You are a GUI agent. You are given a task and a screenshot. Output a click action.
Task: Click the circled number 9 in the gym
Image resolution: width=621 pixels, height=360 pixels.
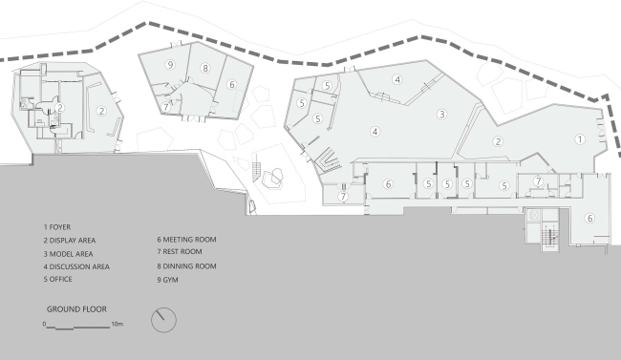170,65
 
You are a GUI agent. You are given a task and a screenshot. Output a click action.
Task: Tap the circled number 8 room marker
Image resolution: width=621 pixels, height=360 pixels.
205,68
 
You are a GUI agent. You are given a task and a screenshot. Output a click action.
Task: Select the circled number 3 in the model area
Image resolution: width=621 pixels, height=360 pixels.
442,115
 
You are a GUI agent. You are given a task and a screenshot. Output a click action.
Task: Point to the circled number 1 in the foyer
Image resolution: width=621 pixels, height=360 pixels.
580,139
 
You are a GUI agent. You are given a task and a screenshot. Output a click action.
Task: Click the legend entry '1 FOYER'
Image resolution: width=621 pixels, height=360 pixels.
57,227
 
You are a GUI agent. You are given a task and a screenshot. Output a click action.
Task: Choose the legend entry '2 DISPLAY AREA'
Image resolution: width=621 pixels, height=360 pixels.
70,241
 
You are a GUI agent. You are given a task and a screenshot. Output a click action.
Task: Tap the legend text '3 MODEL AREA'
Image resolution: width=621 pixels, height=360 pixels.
68,254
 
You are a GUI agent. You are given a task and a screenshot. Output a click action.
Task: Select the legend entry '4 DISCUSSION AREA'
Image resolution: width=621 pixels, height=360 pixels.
76,267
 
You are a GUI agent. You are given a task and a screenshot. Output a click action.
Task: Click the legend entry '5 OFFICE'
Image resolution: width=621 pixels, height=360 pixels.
58,279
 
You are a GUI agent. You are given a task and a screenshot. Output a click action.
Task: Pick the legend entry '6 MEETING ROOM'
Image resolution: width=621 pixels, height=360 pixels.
186,240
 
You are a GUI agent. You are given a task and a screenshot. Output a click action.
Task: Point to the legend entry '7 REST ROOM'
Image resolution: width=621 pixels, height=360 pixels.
180,252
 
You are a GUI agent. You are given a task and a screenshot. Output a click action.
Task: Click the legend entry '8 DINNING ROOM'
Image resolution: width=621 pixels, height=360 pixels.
186,266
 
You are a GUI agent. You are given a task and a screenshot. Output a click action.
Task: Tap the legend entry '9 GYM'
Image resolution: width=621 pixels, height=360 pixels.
167,280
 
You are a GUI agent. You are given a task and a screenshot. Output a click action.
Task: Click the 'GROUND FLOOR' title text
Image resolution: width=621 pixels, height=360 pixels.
76,309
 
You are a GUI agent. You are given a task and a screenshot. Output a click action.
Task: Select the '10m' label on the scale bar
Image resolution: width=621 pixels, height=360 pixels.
118,324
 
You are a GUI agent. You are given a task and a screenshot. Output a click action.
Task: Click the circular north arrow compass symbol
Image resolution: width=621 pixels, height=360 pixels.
163,320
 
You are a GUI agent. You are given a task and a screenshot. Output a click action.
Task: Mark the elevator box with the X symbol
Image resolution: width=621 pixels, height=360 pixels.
534,215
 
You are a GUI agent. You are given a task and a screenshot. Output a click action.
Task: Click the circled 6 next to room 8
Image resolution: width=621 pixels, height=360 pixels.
232,84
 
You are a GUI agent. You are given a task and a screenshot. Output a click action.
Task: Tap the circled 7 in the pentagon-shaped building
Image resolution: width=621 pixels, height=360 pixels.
166,107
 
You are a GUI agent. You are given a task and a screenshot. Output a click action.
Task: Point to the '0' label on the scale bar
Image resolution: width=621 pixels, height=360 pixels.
44,324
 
